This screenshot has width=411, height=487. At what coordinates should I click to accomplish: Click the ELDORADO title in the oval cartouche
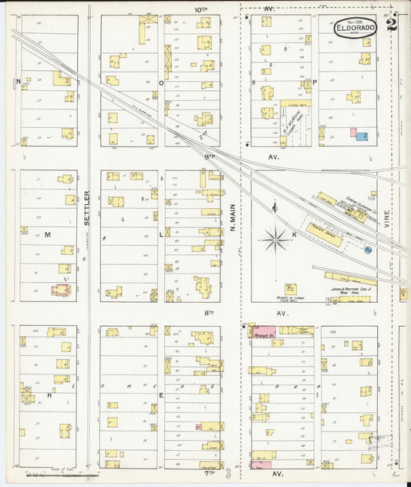tap(355, 27)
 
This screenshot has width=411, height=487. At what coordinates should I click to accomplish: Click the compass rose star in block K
tap(275, 240)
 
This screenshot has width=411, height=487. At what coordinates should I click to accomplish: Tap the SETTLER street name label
tap(87, 207)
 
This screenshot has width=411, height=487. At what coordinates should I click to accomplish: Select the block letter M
tap(47, 233)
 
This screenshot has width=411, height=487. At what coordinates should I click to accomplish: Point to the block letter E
tap(160, 395)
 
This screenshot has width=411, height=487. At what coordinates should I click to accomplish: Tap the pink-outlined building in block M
tap(59, 291)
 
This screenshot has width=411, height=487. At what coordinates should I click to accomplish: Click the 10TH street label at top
tap(200, 9)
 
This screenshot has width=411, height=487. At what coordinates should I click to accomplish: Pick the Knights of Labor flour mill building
tap(291, 289)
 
